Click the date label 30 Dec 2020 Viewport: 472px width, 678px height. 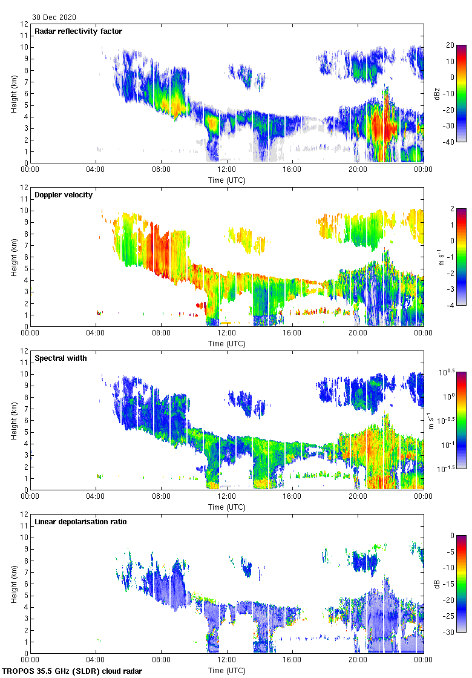click(54, 18)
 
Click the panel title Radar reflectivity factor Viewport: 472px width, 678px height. click(79, 31)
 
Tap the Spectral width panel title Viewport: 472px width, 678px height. click(61, 358)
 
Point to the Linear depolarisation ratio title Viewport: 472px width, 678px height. click(80, 521)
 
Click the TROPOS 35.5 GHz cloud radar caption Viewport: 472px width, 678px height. click(73, 671)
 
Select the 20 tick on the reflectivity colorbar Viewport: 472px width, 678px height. click(450, 45)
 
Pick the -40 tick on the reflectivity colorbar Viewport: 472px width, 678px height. click(451, 142)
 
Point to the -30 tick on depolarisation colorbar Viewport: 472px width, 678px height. click(451, 633)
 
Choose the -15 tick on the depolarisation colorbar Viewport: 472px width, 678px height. click(451, 584)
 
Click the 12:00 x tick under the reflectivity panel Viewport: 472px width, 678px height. click(227, 170)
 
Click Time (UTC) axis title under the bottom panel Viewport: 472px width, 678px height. click(227, 670)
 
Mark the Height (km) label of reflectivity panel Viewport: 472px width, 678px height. click(14, 93)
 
